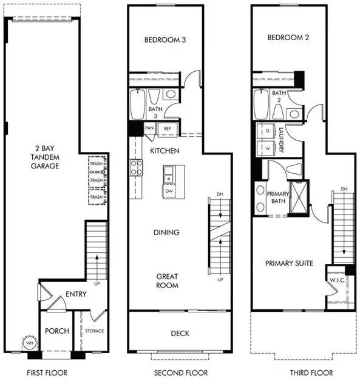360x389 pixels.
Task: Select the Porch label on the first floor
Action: click(x=57, y=331)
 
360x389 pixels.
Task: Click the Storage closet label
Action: click(x=94, y=331)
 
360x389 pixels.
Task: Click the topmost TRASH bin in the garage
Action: click(x=96, y=164)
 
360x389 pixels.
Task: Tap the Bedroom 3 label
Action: click(x=165, y=40)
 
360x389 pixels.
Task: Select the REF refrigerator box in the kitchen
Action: click(x=166, y=129)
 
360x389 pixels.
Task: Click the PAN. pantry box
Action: click(x=149, y=129)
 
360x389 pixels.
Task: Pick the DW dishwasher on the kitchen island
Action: click(x=169, y=191)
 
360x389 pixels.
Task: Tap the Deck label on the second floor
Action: click(x=180, y=333)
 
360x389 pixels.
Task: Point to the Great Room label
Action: click(x=166, y=280)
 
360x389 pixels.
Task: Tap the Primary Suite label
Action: click(x=289, y=263)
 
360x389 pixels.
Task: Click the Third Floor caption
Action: click(x=294, y=373)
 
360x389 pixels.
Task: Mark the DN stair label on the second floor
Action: click(x=220, y=195)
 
